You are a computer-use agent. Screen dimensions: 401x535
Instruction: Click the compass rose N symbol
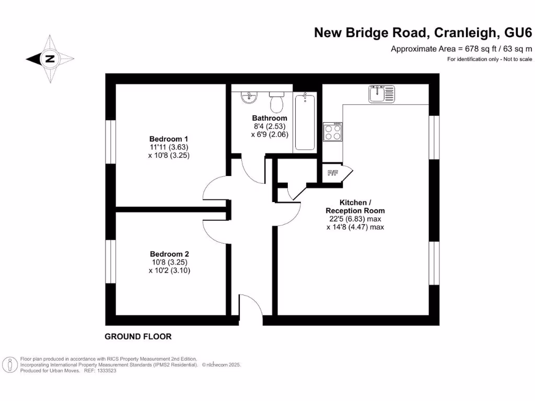tap(50, 59)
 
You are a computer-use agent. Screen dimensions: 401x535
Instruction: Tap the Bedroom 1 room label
tap(169, 139)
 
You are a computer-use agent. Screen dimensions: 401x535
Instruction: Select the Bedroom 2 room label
tap(169, 254)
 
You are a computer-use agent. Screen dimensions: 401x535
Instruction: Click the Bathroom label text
tap(270, 118)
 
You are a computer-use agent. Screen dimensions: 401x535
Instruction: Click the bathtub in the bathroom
tap(305, 122)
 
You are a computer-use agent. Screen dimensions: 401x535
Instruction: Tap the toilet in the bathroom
tap(276, 101)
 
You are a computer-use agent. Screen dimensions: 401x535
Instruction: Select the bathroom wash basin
tap(249, 97)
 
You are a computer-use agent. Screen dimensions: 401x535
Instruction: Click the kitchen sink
tap(382, 94)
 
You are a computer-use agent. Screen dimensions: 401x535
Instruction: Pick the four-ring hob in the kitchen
tap(333, 132)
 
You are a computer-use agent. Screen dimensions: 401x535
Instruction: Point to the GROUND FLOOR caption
tap(138, 337)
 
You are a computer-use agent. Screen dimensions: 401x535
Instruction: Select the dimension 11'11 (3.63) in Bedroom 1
tap(169, 147)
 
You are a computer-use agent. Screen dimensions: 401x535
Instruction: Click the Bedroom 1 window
tap(110, 142)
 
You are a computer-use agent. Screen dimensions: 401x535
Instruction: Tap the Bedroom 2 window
tap(110, 261)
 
